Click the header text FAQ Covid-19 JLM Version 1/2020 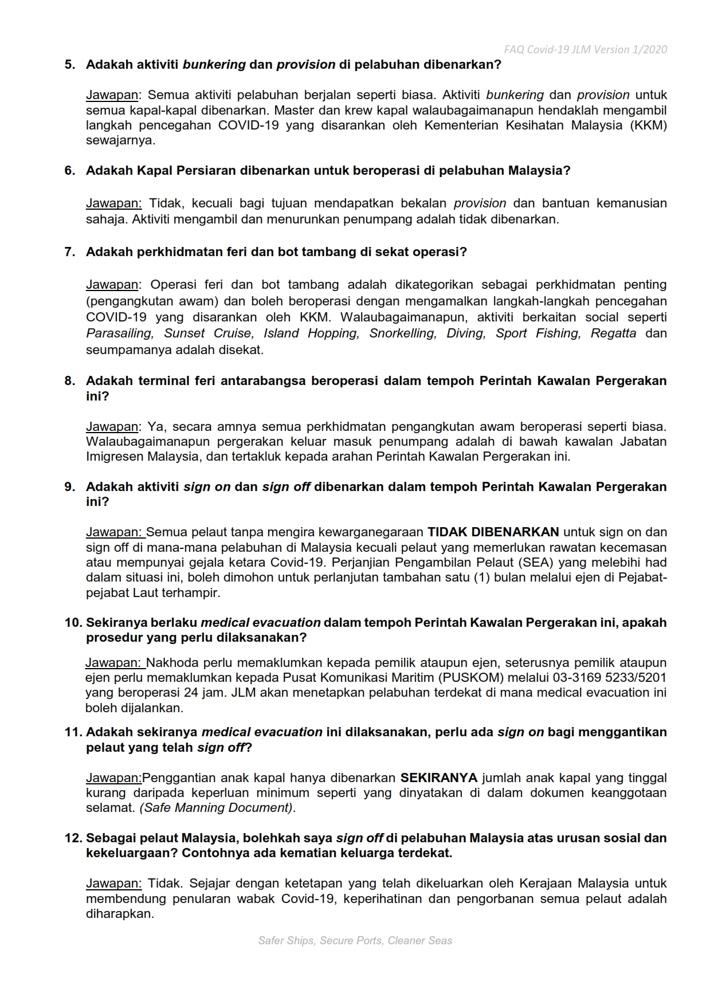pos(585,50)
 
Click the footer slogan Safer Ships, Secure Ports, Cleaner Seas pos(355,940)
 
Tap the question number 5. pos(70,65)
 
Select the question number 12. pos(73,838)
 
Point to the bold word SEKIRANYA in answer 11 pos(438,778)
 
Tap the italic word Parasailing pos(119,333)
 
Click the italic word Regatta pos(613,333)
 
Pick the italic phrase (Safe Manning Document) pos(217,808)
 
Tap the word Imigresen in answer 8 pos(115,457)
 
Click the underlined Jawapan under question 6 pos(113,203)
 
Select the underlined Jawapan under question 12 pos(113,884)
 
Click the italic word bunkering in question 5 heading pos(214,65)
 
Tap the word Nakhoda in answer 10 pos(173,663)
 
